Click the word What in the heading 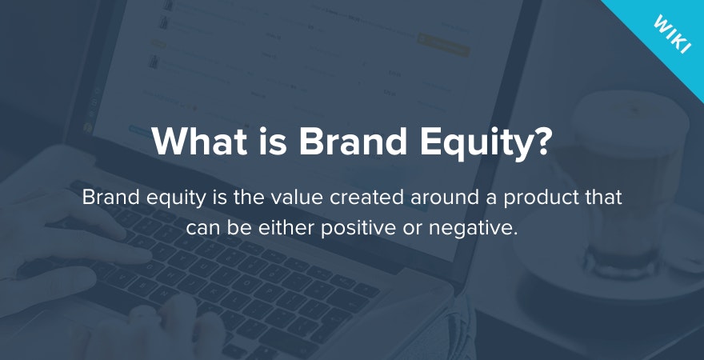click(x=200, y=141)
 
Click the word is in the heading click(x=274, y=141)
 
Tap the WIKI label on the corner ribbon click(x=672, y=35)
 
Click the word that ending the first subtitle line click(x=604, y=198)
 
